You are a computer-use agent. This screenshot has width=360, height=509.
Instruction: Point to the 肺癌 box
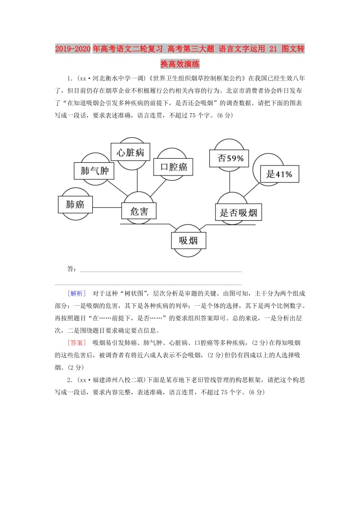pos(75,205)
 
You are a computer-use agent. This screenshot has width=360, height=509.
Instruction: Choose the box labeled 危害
pos(139,211)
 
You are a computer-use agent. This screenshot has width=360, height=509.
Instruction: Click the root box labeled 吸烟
pos(188,240)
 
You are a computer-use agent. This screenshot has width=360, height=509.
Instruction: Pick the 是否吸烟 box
pos(238,213)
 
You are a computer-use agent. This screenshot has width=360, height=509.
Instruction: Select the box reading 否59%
pos(230,158)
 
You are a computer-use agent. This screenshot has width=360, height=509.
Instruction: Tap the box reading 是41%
pos(279,174)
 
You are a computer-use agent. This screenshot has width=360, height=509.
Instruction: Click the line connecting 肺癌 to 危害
pos(107,208)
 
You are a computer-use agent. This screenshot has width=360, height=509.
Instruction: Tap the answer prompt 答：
pos(72,269)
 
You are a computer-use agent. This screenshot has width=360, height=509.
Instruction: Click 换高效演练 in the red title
pos(180,64)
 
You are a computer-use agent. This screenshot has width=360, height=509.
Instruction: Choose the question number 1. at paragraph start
pos(70,77)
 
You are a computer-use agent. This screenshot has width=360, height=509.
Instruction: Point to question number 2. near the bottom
pos(70,380)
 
